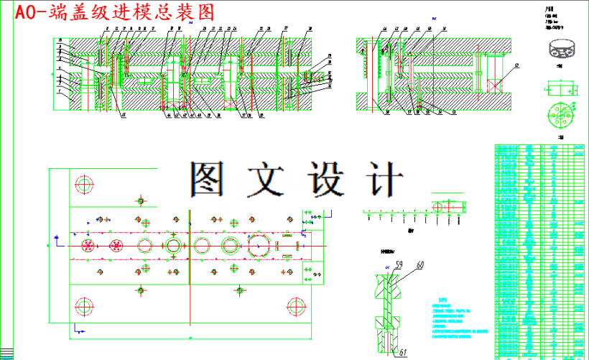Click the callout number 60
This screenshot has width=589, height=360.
coord(419,265)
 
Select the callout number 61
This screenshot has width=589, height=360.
coord(402,351)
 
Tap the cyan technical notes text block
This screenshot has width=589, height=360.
coord(457,318)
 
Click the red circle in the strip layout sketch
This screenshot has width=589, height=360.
coord(437,206)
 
